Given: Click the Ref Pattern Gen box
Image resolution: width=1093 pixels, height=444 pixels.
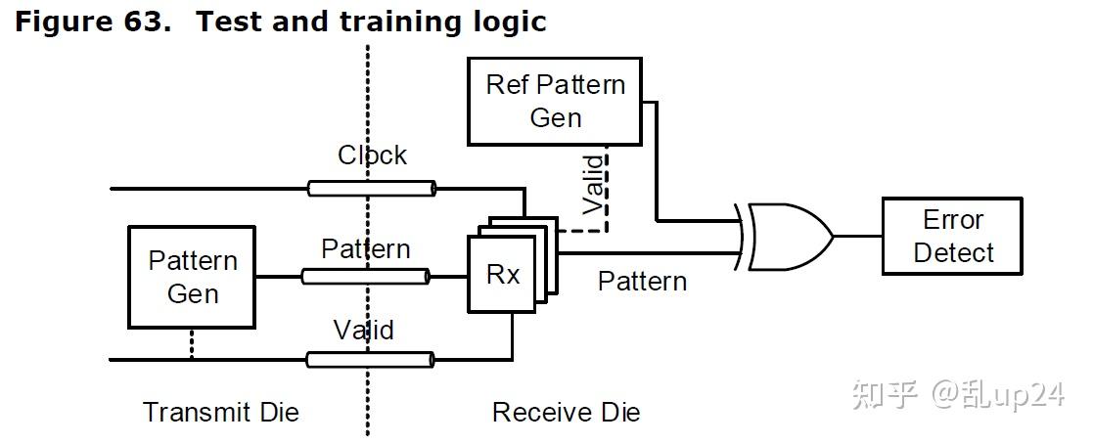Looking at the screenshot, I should (x=555, y=101).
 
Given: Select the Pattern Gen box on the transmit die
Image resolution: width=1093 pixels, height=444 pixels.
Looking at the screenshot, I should (x=193, y=277).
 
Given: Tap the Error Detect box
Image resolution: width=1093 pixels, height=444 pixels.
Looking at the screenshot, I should (x=952, y=236).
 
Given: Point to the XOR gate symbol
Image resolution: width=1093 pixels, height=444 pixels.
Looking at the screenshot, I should (x=789, y=236).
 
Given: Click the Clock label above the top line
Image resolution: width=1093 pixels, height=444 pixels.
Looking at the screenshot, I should (x=372, y=155).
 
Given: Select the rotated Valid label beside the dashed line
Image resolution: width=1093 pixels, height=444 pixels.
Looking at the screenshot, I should (x=593, y=185).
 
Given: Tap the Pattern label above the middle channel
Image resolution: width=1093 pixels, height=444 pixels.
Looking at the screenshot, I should (x=365, y=249).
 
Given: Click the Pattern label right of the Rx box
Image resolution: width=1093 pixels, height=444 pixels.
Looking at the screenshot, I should (x=642, y=282).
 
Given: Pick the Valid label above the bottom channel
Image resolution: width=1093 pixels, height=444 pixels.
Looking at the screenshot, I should (x=363, y=331).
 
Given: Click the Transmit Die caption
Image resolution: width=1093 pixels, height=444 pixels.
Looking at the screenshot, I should (x=221, y=412).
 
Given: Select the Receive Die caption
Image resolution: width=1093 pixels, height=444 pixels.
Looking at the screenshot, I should (x=566, y=412).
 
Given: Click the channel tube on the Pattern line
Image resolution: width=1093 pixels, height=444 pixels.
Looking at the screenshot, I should (x=365, y=277).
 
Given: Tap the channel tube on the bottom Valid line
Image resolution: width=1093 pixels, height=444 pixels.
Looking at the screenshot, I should (x=370, y=360).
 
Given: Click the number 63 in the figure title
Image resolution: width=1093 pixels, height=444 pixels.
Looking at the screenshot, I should (x=143, y=22).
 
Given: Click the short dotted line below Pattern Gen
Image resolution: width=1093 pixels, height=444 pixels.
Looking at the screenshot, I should (x=192, y=344).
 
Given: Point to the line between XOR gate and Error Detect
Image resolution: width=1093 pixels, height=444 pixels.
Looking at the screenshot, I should (x=857, y=236).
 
